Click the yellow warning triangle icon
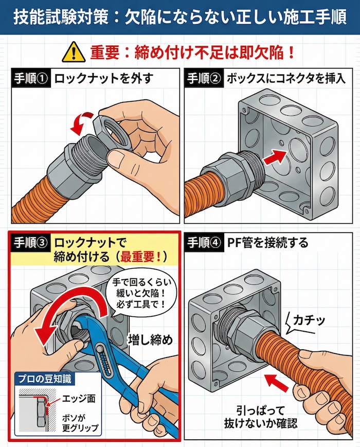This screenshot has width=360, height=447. coord(74,52)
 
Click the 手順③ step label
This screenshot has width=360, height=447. coord(30,242)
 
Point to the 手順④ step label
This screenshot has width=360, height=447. coord(204,242)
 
